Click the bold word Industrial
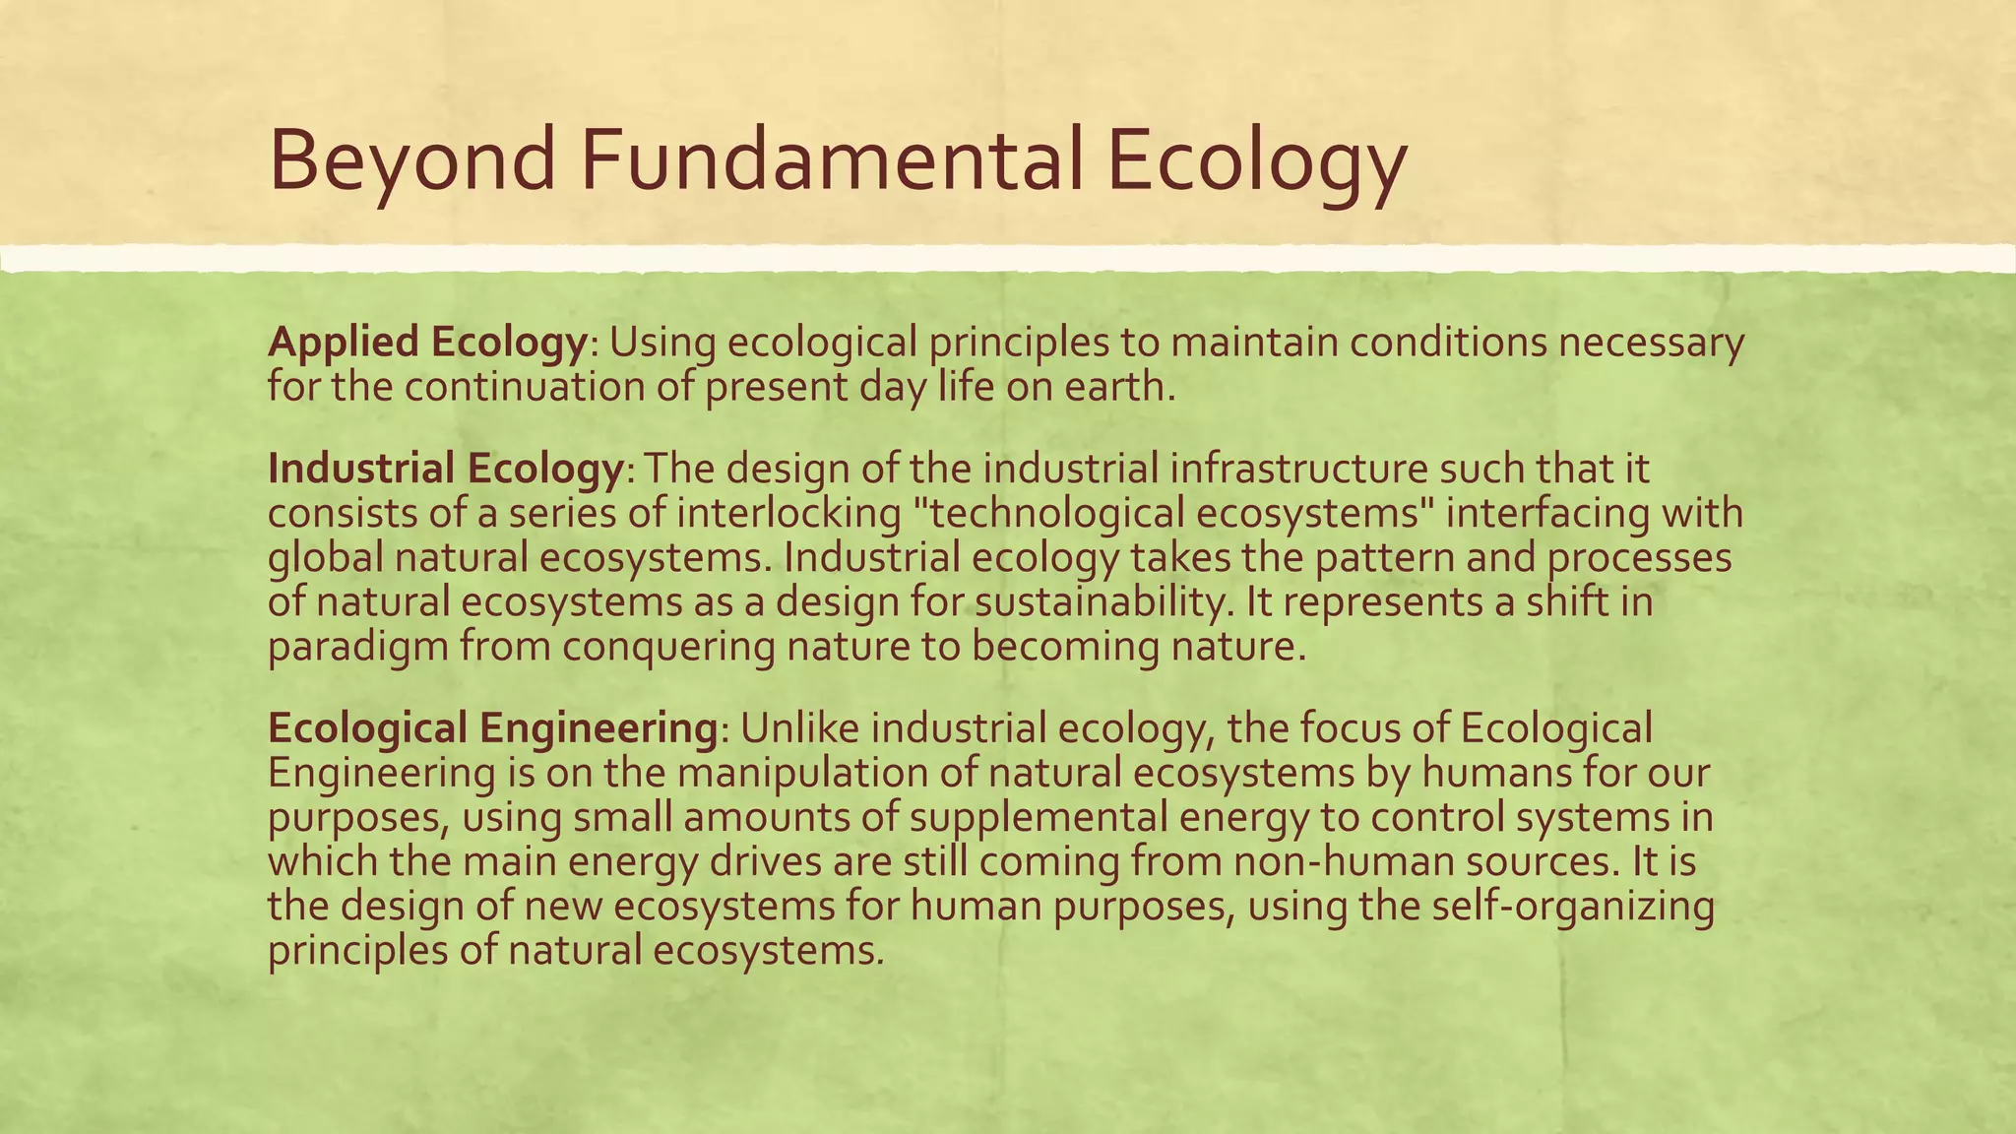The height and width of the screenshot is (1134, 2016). pyautogui.click(x=359, y=469)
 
